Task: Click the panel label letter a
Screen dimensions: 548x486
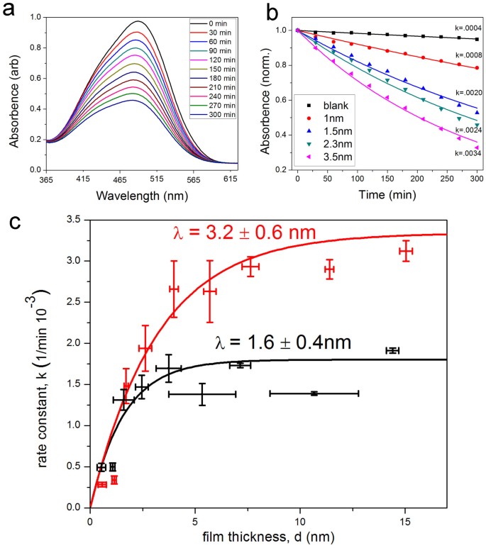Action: click(9, 10)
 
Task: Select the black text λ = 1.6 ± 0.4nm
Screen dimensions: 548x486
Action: click(282, 345)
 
